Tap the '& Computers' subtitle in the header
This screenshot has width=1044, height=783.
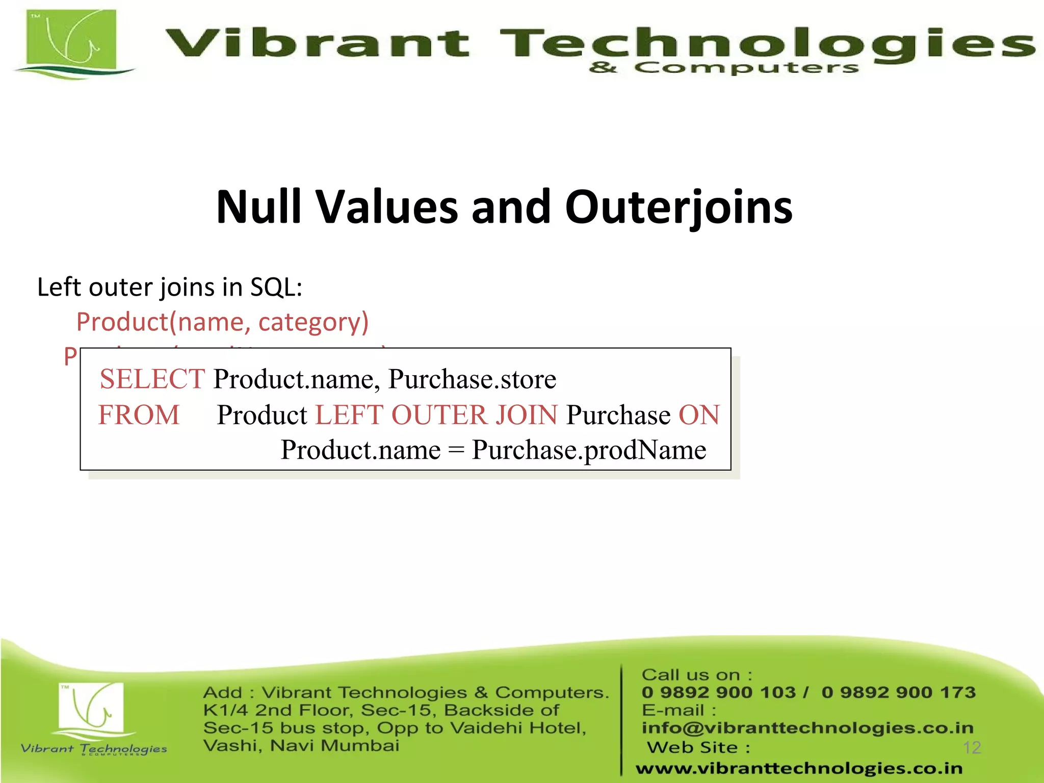723,68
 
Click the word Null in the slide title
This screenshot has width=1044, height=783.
259,207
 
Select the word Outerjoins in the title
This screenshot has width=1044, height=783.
678,208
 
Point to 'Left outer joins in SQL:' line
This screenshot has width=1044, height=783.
170,287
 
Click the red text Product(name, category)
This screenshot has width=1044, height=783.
222,322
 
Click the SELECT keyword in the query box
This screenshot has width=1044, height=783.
152,379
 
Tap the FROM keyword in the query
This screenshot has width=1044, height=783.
139,414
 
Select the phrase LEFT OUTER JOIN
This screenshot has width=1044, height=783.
436,414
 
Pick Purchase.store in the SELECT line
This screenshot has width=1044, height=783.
472,379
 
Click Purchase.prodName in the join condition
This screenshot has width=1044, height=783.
589,450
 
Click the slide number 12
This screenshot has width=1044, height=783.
972,748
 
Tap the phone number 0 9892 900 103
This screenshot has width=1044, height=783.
719,692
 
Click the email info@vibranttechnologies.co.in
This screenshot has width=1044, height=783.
807,727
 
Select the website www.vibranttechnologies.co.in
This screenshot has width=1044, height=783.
799,768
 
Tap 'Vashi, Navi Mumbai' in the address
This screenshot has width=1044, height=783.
301,746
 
